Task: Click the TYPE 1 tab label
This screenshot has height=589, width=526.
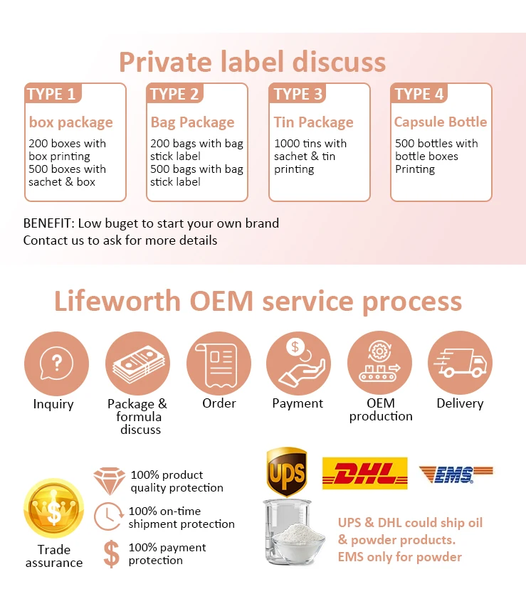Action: click(52, 94)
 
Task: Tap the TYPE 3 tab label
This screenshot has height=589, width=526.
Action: click(298, 94)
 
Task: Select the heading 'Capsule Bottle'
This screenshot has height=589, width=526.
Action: click(441, 122)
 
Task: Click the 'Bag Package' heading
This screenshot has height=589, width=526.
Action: click(192, 122)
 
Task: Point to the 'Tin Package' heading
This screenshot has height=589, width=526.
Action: click(313, 122)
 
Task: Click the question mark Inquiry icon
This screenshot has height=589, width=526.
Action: click(56, 364)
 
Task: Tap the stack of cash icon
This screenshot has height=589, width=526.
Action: click(137, 364)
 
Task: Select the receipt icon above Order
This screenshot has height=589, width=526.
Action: click(219, 364)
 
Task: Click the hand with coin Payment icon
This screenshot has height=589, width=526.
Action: click(298, 363)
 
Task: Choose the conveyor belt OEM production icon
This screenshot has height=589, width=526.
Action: click(380, 363)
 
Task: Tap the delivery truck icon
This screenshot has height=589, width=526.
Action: click(461, 363)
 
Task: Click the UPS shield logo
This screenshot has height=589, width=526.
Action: click(287, 472)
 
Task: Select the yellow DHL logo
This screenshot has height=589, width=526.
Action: click(364, 473)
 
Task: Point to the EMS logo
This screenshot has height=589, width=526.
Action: click(456, 474)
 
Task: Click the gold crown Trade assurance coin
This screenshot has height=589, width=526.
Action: click(54, 508)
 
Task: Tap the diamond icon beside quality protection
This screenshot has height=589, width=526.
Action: click(110, 481)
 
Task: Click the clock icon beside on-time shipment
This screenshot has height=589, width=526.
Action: click(109, 516)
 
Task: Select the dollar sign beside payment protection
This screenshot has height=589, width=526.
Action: click(111, 553)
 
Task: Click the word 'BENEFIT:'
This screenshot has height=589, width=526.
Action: click(49, 223)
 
